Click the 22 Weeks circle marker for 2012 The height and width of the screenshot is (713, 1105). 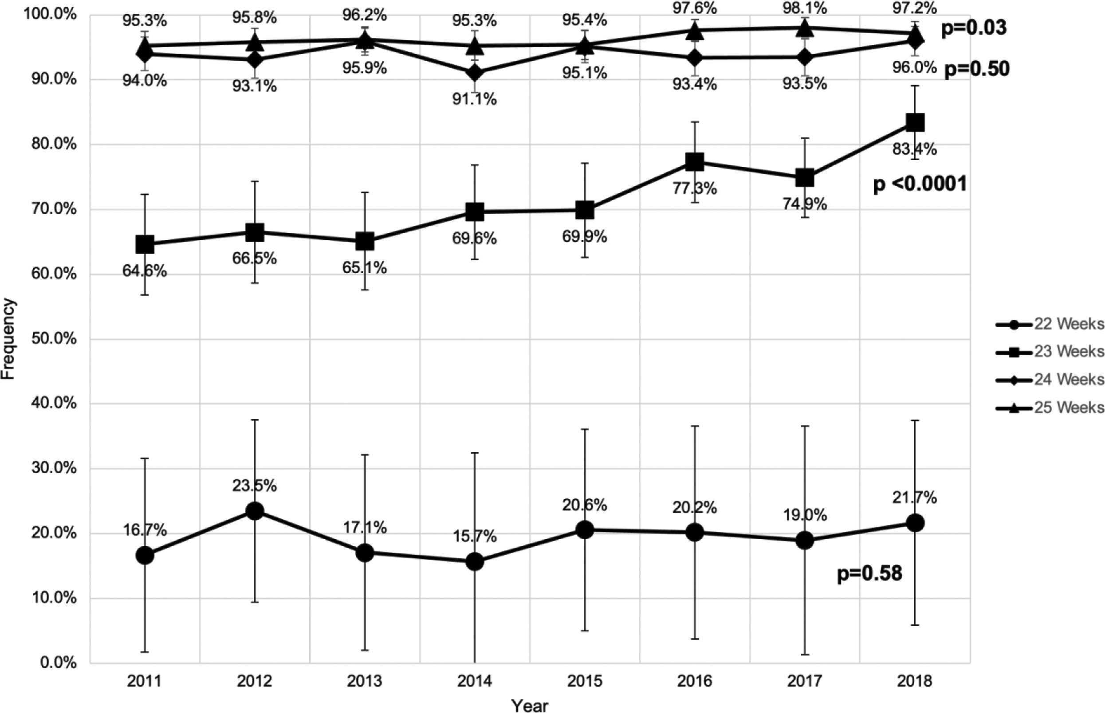click(255, 511)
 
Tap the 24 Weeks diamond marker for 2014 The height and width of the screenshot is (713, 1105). click(475, 73)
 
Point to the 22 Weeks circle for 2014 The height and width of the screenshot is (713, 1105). click(475, 562)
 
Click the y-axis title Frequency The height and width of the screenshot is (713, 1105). click(8, 339)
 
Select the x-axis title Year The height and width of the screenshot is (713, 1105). click(530, 705)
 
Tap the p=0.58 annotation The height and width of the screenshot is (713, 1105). click(869, 574)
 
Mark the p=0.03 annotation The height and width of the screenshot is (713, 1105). click(974, 28)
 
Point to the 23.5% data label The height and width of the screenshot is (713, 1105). click(255, 486)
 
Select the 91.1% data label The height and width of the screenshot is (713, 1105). click(475, 98)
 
